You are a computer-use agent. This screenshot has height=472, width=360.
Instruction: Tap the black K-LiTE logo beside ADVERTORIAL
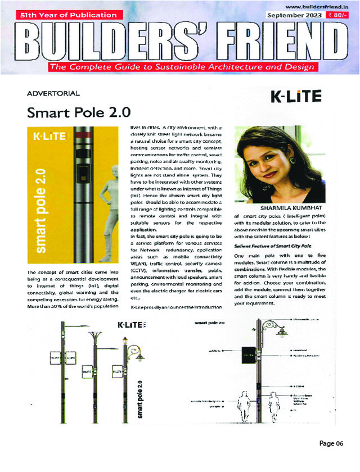tap(296, 96)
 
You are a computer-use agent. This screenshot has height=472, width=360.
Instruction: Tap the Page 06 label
tap(331, 443)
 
